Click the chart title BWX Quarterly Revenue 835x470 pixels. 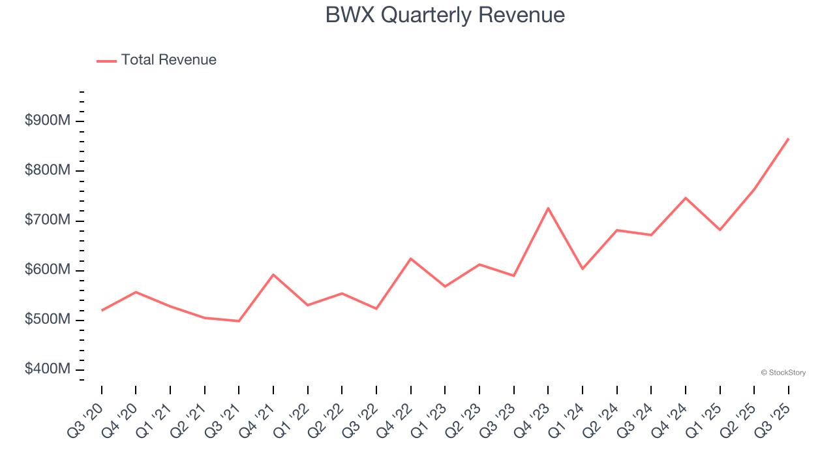pos(445,15)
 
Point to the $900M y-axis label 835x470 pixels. pos(48,121)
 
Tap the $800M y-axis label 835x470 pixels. pos(48,170)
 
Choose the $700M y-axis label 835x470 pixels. pos(48,220)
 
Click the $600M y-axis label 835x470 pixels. pos(48,270)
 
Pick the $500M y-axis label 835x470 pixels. pos(48,319)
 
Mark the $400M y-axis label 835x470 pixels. pos(48,369)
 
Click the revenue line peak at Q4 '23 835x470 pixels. pos(548,208)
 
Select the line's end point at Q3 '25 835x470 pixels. pos(788,138)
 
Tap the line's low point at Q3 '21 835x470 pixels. pos(239,321)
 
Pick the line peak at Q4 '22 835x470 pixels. pos(410,258)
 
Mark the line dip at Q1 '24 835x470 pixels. pos(582,269)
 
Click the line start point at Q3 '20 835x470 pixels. pos(102,310)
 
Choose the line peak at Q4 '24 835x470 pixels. pos(686,198)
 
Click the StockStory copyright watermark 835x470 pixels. pos(783,373)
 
